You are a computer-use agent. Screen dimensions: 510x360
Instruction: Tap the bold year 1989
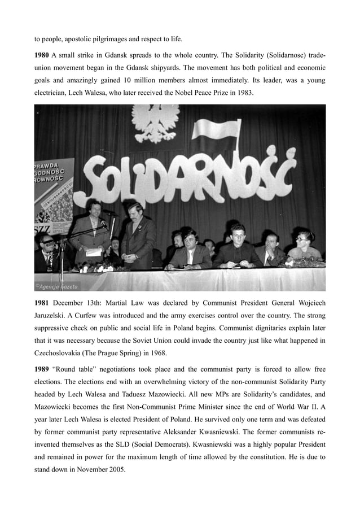(42, 369)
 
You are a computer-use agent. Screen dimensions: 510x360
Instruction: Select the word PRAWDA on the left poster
(49, 166)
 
